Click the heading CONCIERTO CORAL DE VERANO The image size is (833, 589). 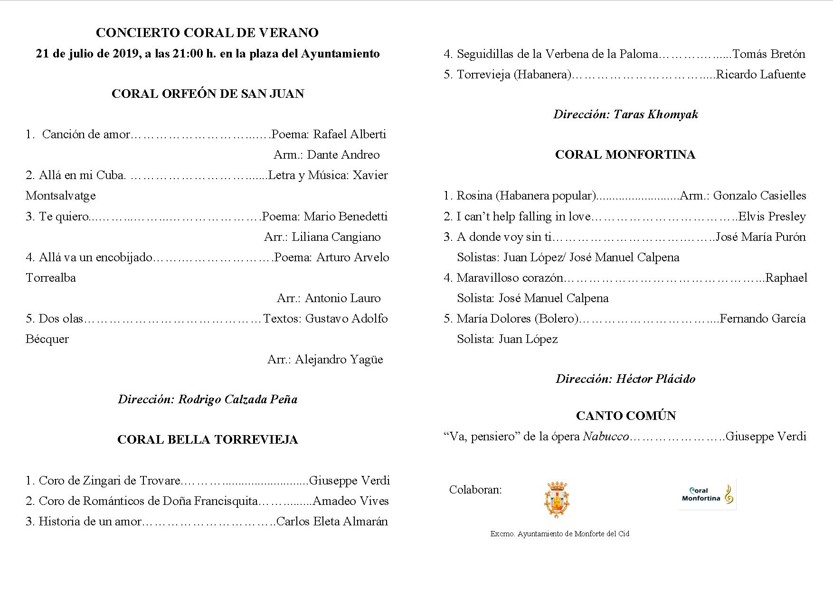(207, 33)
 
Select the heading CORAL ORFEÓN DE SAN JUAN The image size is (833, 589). (208, 94)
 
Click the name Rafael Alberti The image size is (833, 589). (350, 134)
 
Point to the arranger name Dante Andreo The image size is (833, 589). (343, 155)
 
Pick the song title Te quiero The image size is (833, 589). (64, 217)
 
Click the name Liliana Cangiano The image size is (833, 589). (336, 237)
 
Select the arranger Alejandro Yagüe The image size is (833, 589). (339, 360)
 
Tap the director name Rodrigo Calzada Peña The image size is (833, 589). (238, 399)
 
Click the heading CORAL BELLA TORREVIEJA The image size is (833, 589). (208, 440)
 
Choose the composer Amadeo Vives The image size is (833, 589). (351, 501)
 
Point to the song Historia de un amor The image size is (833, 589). (90, 522)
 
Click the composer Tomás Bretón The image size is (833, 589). (769, 54)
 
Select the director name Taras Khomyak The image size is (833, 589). (656, 114)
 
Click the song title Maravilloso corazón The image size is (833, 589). (510, 278)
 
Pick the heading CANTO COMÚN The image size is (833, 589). (625, 416)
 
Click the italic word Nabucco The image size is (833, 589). (606, 437)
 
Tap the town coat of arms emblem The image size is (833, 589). (557, 499)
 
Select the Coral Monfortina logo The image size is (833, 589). (707, 494)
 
